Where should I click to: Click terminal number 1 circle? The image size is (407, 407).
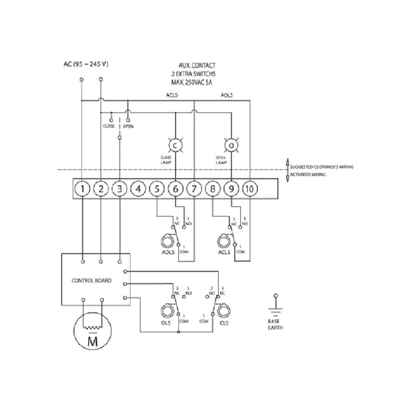pyautogui.click(x=82, y=190)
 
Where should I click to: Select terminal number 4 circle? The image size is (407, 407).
pyautogui.click(x=138, y=190)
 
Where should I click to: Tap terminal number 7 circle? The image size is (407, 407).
pyautogui.click(x=194, y=190)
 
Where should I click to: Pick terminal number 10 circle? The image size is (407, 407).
pyautogui.click(x=249, y=190)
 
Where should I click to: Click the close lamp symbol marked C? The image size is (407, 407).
pyautogui.click(x=176, y=146)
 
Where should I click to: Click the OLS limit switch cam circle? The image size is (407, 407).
pyautogui.click(x=166, y=311)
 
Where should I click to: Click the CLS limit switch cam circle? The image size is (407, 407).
pyautogui.click(x=222, y=311)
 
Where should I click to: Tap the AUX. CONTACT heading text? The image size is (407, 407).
pyautogui.click(x=197, y=66)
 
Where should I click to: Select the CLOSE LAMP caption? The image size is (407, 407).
pyautogui.click(x=165, y=160)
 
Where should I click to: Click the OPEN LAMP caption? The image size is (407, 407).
pyautogui.click(x=221, y=160)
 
